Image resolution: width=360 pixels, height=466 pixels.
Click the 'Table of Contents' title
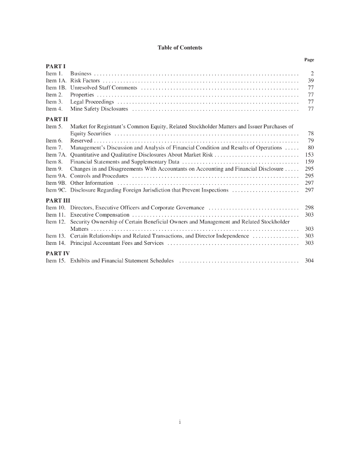(180, 48)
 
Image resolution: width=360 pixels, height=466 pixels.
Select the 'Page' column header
(309, 60)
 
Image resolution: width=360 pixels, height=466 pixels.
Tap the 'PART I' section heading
(56, 66)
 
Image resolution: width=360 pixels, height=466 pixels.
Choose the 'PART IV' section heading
(58, 253)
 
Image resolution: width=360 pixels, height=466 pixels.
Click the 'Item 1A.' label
(56, 81)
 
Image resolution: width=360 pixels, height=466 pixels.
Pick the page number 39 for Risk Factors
(311, 81)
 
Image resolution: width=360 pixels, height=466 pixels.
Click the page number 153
(309, 155)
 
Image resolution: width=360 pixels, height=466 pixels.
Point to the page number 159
(309, 162)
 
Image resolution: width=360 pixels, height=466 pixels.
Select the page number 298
(309, 208)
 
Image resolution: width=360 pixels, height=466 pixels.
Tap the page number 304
(309, 261)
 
